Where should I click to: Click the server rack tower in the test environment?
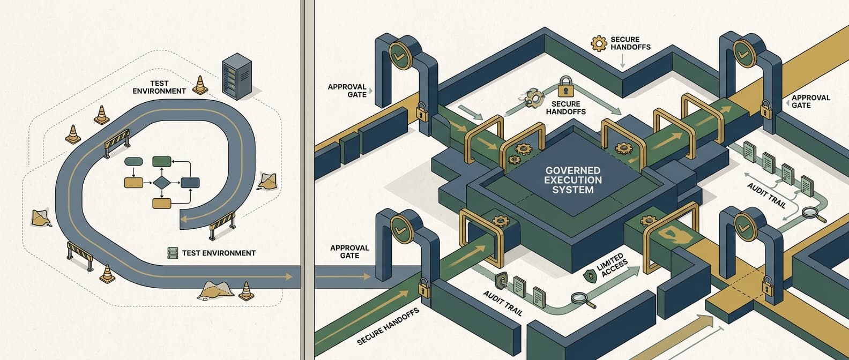pyautogui.click(x=236, y=76)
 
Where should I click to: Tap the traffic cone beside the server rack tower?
pyautogui.click(x=200, y=85)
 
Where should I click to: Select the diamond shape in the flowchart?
pyautogui.click(x=162, y=183)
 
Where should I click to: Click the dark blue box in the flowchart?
pyautogui.click(x=190, y=183)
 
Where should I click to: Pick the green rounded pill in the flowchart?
pyautogui.click(x=134, y=161)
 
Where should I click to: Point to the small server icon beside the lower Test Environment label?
pyautogui.click(x=173, y=253)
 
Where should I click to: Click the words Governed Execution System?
pyautogui.click(x=572, y=180)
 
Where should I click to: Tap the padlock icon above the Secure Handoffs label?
pyautogui.click(x=565, y=86)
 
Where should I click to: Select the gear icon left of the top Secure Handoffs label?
pyautogui.click(x=599, y=43)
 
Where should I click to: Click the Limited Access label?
pyautogui.click(x=613, y=266)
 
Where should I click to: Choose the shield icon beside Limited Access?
pyautogui.click(x=590, y=276)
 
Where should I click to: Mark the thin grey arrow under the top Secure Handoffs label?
pyautogui.click(x=622, y=61)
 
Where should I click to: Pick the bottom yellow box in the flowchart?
pyautogui.click(x=162, y=204)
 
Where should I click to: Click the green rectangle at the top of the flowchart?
pyautogui.click(x=162, y=161)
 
